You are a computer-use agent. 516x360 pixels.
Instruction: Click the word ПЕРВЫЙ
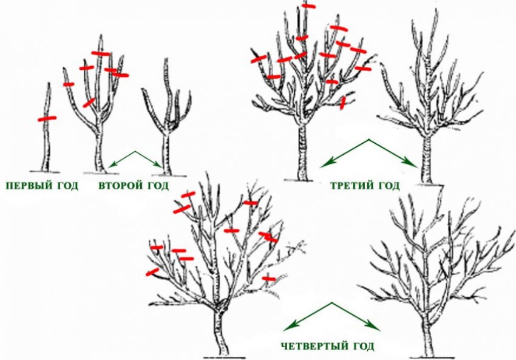coord(28,186)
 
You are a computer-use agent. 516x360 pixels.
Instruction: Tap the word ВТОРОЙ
coord(120,186)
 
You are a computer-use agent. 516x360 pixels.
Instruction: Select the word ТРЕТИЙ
coord(351,186)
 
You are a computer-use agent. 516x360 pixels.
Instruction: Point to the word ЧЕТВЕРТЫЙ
coord(315,346)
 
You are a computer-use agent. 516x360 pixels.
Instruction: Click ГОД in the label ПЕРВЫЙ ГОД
coord(67,186)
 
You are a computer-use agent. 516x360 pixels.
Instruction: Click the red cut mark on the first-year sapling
coord(47,118)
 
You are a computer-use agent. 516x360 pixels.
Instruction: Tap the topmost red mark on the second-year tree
coord(101,53)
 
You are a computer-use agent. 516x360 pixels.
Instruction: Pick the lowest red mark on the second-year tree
coord(89,103)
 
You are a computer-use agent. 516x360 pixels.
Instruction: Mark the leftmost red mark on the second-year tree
coord(69,84)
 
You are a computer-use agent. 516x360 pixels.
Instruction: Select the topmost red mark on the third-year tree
coord(308,6)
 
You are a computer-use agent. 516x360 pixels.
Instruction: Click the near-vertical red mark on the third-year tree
coord(343,103)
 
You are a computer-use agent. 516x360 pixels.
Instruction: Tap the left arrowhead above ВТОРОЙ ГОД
coord(110,165)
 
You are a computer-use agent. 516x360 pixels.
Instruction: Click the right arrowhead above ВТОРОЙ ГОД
coord(159,165)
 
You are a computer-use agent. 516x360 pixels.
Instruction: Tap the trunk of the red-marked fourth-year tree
coord(220,332)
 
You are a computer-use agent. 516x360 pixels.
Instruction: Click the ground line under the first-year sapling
coord(45,172)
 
